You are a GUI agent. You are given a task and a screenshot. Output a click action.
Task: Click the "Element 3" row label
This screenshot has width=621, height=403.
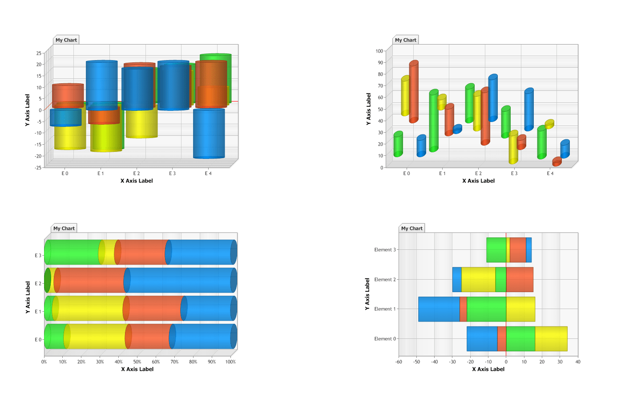coord(385,250)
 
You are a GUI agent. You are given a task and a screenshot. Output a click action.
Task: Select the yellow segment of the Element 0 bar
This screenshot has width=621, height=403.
coord(551,339)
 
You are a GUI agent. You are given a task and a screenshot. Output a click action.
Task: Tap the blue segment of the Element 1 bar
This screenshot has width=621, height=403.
coord(439,309)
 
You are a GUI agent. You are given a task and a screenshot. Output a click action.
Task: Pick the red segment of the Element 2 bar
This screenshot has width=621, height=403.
coord(520,280)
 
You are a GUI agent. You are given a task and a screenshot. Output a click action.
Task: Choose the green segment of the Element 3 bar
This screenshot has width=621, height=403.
coord(496,250)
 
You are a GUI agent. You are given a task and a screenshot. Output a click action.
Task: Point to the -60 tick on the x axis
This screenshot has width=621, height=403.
coord(399,362)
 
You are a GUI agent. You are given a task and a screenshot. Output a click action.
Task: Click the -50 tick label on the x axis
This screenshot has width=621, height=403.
coord(416,362)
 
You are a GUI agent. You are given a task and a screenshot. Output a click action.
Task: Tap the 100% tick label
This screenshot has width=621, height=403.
coord(230,362)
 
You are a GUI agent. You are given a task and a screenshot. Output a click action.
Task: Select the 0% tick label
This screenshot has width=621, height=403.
coord(44,362)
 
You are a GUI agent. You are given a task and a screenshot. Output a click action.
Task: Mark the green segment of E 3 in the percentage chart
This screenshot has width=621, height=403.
coord(73,252)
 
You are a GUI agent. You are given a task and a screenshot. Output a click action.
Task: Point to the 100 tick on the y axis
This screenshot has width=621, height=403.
coord(379,51)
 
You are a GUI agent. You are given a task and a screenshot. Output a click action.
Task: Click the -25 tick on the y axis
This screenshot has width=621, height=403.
coord(39,167)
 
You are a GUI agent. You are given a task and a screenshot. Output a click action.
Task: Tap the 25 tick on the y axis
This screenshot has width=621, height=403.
coord(39,53)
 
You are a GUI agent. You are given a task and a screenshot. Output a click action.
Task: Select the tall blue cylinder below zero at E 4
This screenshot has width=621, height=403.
coord(209,134)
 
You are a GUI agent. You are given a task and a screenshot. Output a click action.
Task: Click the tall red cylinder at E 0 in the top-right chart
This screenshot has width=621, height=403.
coord(414,91)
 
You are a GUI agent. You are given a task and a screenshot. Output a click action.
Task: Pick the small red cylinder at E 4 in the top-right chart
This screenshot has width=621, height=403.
coord(557,162)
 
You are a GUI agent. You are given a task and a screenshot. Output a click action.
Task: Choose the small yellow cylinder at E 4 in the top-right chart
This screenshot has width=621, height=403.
coord(549,124)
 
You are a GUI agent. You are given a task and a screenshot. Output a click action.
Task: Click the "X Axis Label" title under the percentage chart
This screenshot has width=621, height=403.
coord(137,369)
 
